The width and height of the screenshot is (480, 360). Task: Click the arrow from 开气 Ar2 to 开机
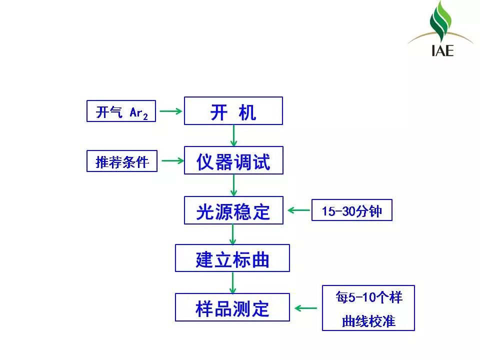point(171,111)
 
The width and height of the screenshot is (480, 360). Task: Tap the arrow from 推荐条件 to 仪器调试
point(172,160)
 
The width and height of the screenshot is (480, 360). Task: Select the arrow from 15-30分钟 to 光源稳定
point(299,210)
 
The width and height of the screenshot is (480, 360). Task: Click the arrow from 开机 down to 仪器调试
point(233,135)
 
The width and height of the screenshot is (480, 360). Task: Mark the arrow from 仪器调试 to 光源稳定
point(233,185)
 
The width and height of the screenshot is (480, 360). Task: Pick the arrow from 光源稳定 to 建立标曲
point(232,234)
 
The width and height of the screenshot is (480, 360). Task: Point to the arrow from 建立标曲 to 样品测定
point(232,283)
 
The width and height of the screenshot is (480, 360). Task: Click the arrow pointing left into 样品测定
point(306,308)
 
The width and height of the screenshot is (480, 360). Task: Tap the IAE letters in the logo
point(442,50)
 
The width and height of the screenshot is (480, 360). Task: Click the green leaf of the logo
point(440,21)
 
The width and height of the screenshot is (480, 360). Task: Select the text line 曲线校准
point(368,321)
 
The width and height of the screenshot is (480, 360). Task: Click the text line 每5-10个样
point(368,297)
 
